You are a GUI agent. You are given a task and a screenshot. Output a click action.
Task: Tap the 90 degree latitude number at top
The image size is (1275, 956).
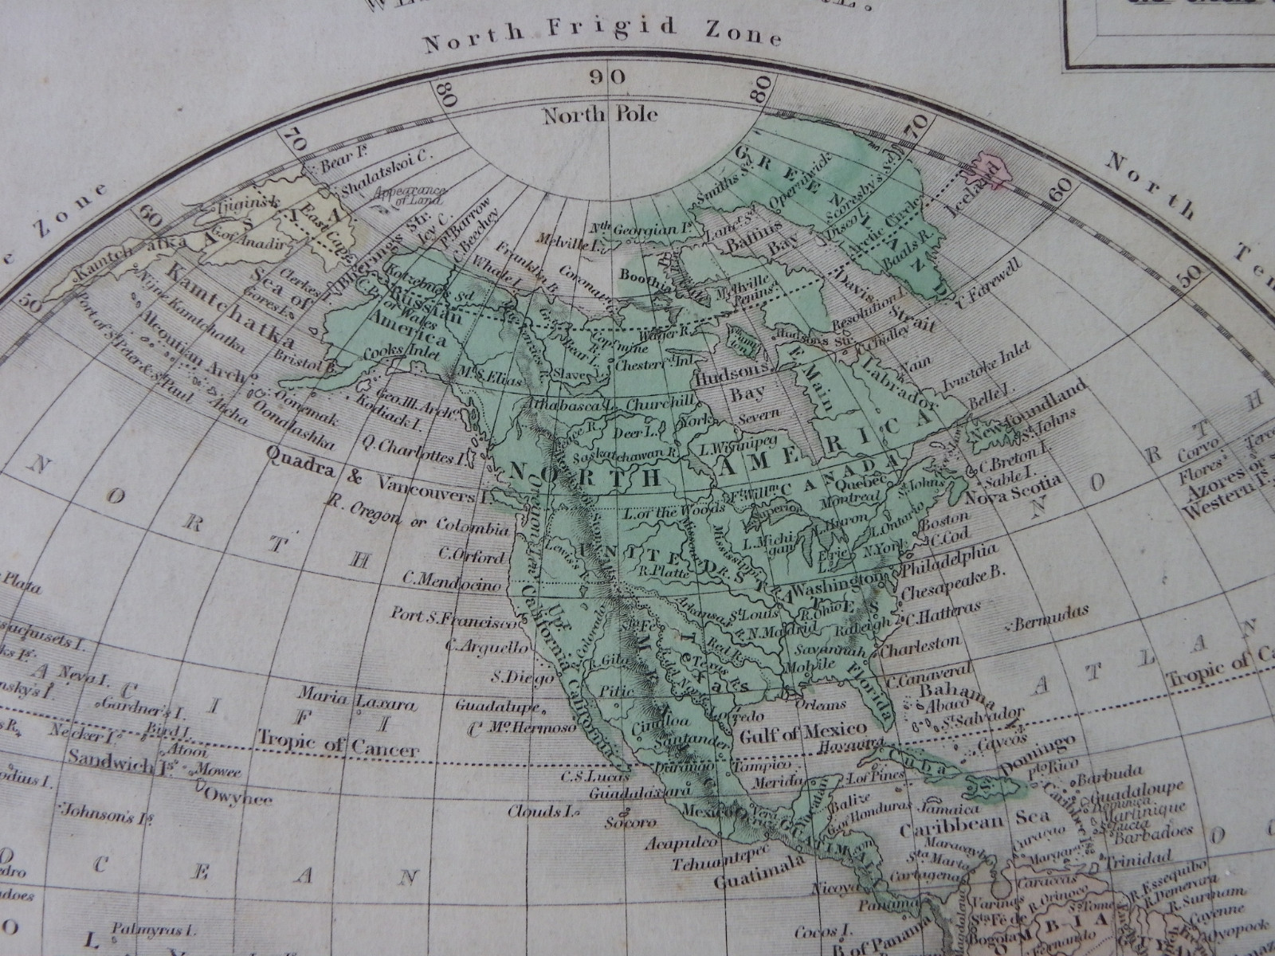(609, 77)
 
